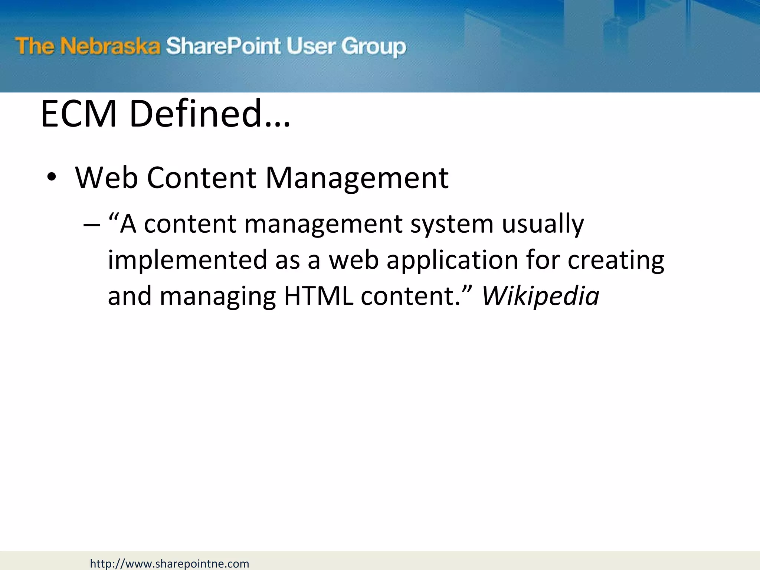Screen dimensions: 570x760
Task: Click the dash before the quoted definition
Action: (92, 225)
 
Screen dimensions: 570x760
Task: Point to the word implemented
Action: (187, 260)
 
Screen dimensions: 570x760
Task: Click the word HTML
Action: (318, 296)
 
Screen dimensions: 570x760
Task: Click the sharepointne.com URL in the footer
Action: (170, 564)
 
